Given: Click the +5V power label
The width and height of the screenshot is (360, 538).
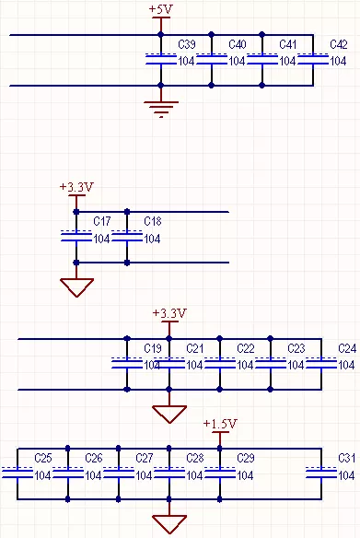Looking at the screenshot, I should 160,8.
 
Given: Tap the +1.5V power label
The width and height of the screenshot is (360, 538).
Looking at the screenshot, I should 220,424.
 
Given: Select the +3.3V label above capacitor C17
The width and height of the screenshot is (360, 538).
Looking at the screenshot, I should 76,187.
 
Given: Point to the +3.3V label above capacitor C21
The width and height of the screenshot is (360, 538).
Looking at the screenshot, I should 168,313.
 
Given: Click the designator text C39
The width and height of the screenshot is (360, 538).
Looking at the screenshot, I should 185,44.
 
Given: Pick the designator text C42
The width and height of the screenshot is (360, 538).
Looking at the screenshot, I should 338,44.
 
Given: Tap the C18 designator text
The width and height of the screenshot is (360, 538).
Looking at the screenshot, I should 153,222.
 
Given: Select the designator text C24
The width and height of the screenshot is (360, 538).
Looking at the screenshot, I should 347,348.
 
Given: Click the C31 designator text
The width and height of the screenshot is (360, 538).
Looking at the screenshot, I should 346,458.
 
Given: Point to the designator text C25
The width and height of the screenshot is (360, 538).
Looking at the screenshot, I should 43,458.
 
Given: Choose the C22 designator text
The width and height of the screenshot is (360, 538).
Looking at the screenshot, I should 246,348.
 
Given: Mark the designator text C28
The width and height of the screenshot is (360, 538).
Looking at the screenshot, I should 195,458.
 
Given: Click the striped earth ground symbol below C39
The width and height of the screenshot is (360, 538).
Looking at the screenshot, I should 161,110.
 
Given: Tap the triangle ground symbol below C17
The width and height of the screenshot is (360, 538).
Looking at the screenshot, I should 76,287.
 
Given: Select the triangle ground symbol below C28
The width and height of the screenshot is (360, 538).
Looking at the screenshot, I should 169,523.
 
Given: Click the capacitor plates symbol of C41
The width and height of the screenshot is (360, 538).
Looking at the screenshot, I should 262,59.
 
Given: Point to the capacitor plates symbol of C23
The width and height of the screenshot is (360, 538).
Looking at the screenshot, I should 271,363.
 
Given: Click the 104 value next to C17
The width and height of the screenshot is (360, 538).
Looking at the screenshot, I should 102,239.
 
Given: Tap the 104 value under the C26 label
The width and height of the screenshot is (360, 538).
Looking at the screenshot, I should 93,475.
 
